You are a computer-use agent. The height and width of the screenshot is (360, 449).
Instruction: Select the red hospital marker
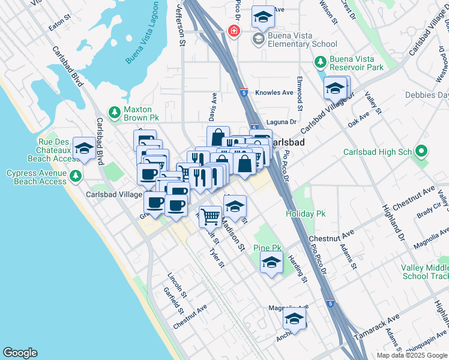pos(233,31)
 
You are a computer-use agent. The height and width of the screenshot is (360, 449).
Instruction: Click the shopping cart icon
pos(209,215)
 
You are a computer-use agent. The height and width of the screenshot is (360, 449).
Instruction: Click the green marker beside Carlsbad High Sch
pos(422,152)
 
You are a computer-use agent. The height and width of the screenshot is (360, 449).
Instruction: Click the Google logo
pos(20,353)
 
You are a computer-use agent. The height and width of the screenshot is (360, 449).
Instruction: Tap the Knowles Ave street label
pos(274,92)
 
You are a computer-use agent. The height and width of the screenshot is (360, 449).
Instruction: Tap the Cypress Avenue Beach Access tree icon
pos(75,176)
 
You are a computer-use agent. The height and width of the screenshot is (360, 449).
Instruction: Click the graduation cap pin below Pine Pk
pos(271,263)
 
